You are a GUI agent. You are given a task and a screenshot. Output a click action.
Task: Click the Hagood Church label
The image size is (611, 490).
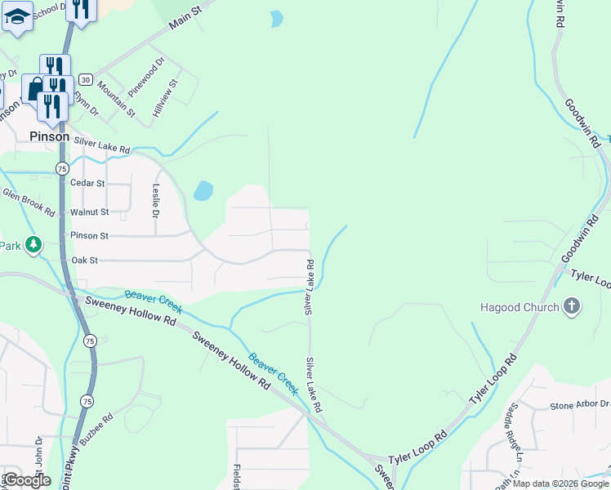click(520, 308)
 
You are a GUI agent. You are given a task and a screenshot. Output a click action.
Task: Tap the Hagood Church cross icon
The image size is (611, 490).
click(572, 307)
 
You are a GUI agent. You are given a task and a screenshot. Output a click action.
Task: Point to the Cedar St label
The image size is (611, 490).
click(88, 184)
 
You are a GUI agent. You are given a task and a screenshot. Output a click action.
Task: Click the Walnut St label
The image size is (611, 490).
click(89, 212)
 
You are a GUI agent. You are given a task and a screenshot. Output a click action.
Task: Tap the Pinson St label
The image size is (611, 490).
click(89, 236)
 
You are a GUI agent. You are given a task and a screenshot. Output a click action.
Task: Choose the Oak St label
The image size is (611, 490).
click(85, 261)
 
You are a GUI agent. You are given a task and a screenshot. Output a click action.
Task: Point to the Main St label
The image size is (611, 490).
click(185, 18)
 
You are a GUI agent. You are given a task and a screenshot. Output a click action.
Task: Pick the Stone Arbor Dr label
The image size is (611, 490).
click(579, 405)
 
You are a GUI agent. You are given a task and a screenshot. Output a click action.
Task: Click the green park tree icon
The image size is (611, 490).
click(33, 244)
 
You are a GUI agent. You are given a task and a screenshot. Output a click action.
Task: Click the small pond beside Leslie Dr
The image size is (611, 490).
click(203, 191)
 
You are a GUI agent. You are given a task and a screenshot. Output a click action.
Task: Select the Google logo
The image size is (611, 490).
click(27, 480)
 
